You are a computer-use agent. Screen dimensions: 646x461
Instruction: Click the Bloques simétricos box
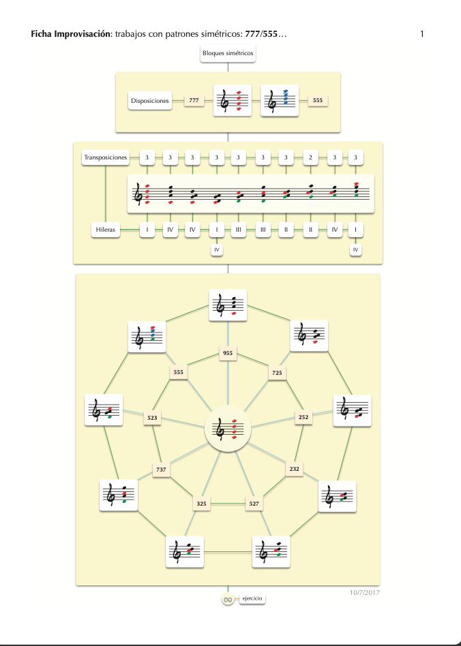tap(228, 53)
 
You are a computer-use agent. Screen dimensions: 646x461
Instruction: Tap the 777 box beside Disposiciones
tap(194, 101)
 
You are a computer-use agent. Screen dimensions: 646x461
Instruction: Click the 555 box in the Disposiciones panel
tap(317, 101)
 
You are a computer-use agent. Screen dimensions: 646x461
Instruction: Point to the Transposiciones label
tap(106, 157)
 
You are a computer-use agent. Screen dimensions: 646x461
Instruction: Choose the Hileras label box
tap(106, 230)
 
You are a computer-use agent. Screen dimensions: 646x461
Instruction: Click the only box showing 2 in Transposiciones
tap(310, 157)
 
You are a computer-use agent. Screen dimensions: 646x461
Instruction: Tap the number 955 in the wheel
tap(228, 353)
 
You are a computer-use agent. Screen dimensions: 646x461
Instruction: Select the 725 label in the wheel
tap(277, 373)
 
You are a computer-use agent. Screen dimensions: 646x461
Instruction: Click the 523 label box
tap(151, 418)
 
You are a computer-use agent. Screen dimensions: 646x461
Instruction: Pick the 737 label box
tap(162, 470)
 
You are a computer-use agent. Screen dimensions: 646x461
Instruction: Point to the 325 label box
tap(201, 504)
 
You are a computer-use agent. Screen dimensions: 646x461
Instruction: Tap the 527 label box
tap(254, 504)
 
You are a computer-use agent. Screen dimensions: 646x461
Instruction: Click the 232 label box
tap(294, 470)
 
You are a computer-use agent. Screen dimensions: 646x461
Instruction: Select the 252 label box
tap(304, 417)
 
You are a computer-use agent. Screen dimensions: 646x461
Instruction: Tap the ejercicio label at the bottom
tap(251, 599)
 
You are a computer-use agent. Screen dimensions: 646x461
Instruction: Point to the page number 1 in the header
tap(423, 34)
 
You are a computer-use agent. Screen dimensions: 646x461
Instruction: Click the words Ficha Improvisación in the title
tap(71, 34)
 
